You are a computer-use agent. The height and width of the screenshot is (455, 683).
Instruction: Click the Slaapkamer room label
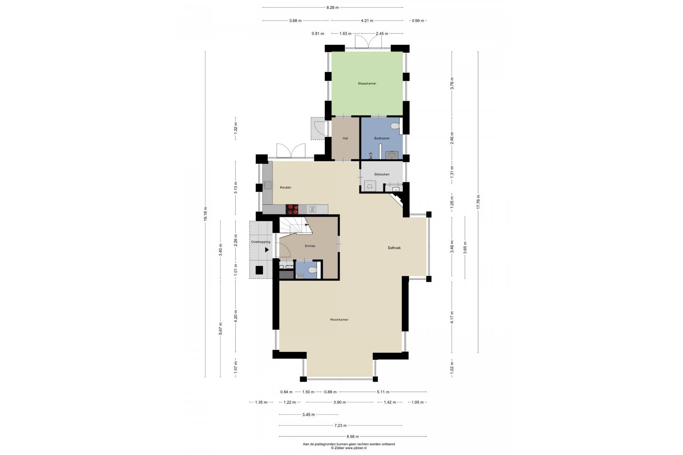[367, 83]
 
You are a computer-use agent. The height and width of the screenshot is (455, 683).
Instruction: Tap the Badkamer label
[382, 138]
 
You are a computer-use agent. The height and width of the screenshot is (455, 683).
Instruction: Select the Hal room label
[345, 138]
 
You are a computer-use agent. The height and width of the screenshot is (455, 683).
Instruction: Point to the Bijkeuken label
[382, 174]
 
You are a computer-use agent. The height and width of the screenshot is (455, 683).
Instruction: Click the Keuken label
[286, 188]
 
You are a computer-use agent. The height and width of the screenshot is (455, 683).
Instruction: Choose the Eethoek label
[394, 248]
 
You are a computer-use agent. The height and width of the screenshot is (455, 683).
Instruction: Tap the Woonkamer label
[339, 320]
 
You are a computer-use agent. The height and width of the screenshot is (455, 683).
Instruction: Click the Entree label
[310, 246]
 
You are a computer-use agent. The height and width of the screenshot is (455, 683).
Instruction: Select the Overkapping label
[261, 242]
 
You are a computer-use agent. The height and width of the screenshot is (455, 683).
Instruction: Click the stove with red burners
[292, 208]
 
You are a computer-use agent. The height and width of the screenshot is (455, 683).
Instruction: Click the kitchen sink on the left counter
[267, 185]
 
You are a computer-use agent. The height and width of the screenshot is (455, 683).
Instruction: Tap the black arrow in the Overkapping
[267, 250]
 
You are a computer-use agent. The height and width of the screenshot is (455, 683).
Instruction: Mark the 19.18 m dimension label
[206, 214]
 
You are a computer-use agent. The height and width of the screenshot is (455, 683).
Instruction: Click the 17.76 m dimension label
[478, 202]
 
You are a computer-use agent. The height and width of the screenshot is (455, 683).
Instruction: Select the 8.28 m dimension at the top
[333, 7]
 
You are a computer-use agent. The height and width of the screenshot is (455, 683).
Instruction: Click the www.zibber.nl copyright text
[349, 448]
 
